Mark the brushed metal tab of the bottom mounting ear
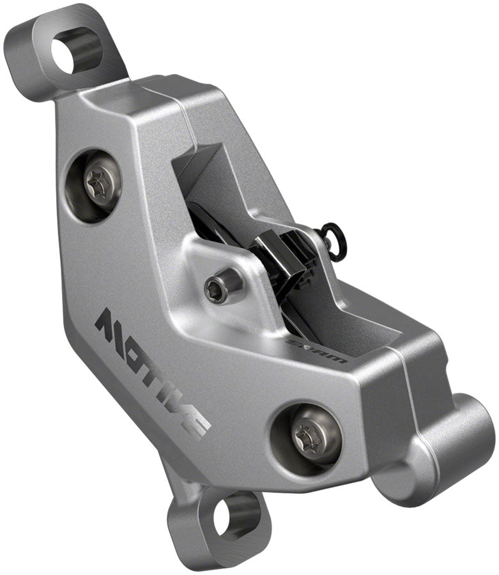coord(192,537)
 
